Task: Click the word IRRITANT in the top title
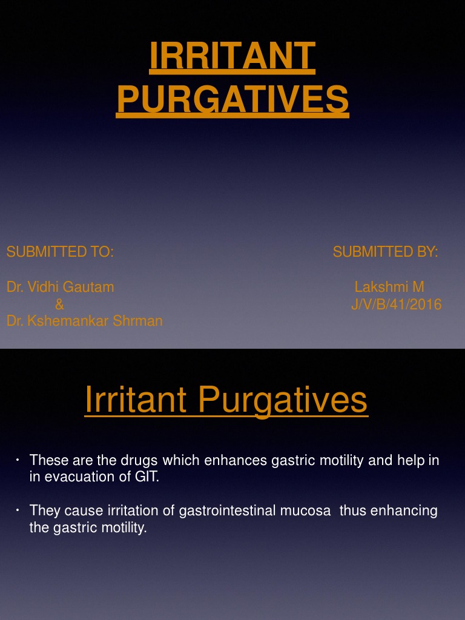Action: [232, 57]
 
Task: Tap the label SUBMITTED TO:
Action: [60, 252]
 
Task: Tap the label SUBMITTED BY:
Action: [386, 252]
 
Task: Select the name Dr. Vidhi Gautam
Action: [60, 287]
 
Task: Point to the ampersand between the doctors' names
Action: [59, 305]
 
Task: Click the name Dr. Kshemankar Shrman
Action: [85, 321]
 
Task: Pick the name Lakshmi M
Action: [389, 287]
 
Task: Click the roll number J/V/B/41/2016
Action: [397, 305]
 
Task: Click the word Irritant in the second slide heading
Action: [137, 400]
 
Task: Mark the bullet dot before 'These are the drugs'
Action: [19, 461]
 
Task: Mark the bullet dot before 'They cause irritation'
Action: [19, 511]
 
